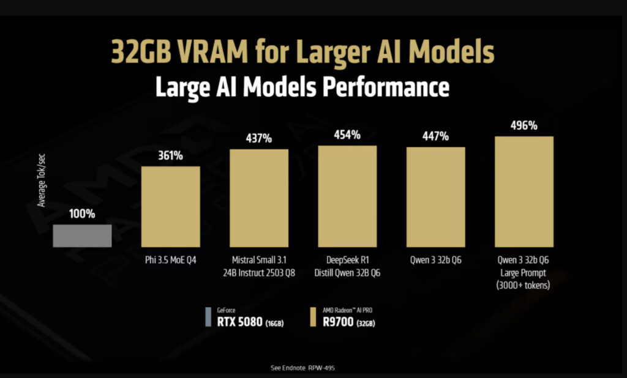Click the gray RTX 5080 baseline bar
tap(82, 235)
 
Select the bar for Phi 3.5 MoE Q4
tap(171, 206)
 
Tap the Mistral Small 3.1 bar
tap(259, 198)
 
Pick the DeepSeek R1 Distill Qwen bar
tap(347, 196)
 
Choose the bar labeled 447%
tap(436, 196)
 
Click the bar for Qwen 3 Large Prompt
tap(524, 191)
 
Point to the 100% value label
tap(82, 214)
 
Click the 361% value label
tap(171, 155)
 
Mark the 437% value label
tap(259, 138)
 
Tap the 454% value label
tap(347, 135)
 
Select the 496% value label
tap(524, 125)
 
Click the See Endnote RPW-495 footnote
tap(302, 368)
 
